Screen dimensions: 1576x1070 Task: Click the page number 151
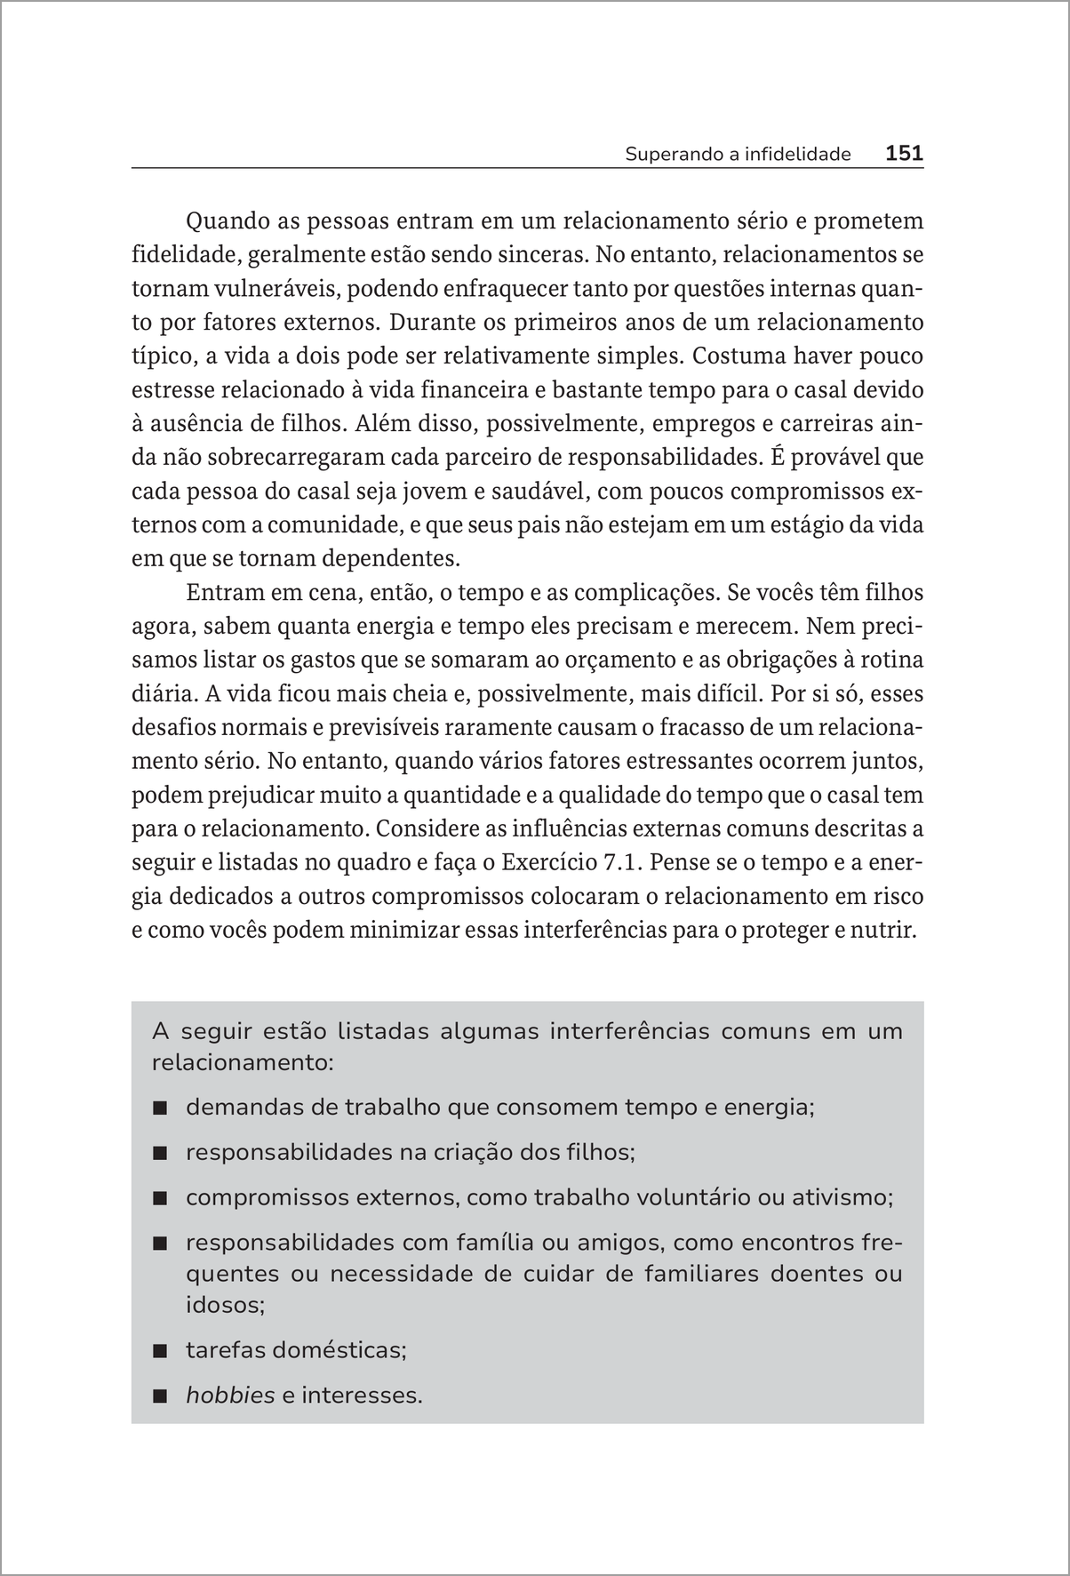[905, 153]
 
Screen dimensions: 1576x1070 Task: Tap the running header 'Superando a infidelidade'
[738, 154]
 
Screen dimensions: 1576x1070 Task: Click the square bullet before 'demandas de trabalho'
[160, 1108]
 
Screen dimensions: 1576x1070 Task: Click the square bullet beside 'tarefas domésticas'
[160, 1351]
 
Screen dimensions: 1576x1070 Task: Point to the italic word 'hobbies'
[230, 1395]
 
